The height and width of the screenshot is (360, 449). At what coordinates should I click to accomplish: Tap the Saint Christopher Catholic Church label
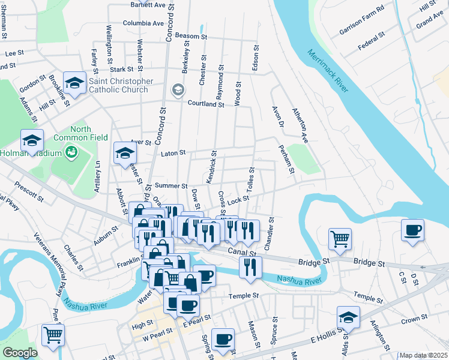pyautogui.click(x=118, y=85)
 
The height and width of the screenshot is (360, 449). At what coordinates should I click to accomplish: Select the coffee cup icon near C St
pyautogui.click(x=412, y=230)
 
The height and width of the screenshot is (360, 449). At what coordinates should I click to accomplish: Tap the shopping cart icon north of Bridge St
pyautogui.click(x=340, y=238)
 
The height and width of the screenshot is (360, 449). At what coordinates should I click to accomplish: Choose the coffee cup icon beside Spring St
pyautogui.click(x=223, y=338)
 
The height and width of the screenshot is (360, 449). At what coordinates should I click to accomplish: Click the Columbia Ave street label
pyautogui.click(x=143, y=23)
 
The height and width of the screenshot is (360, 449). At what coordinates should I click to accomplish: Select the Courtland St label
pyautogui.click(x=205, y=104)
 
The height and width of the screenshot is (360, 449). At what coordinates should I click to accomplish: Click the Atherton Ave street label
pyautogui.click(x=300, y=125)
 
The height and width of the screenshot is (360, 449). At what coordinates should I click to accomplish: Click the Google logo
pyautogui.click(x=20, y=353)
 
